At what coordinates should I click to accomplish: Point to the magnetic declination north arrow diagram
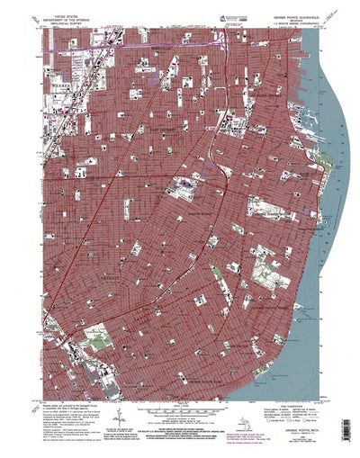tap(117, 423)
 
